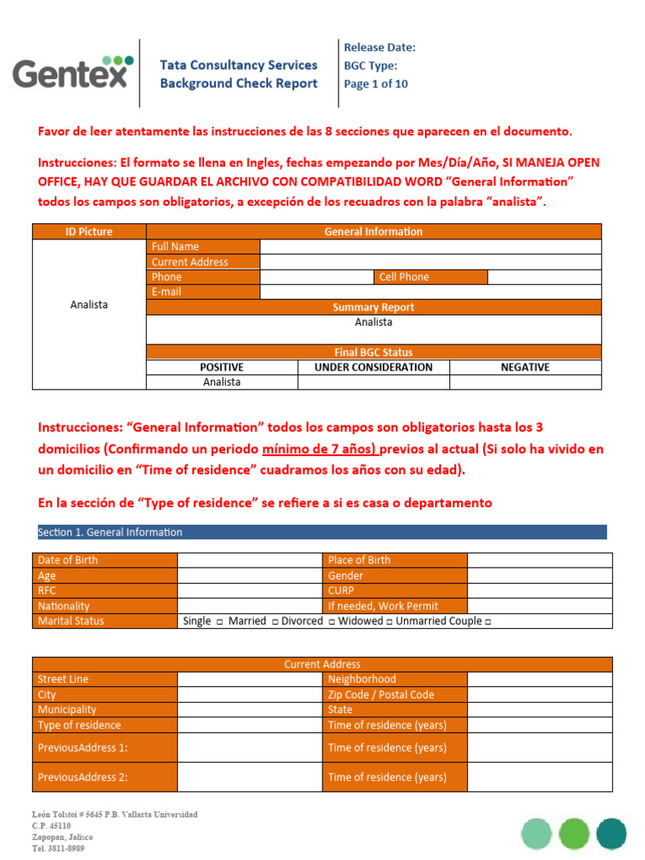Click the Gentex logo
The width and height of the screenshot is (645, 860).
(x=73, y=72)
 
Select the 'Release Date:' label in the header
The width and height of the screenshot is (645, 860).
(x=380, y=48)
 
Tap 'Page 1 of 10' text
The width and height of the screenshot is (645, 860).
(x=376, y=84)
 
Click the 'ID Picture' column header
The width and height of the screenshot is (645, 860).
(x=89, y=232)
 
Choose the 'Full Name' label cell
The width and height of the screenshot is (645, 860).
(x=203, y=247)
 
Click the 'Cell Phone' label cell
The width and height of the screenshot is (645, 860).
(x=430, y=277)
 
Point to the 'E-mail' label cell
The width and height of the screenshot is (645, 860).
(x=203, y=292)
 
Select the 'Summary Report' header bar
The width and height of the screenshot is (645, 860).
(x=374, y=307)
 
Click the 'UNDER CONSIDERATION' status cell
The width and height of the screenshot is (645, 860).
(x=374, y=367)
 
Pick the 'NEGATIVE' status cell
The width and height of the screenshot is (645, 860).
(x=525, y=367)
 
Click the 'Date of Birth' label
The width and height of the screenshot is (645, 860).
(x=105, y=560)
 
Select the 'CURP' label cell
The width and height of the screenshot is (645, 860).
(x=395, y=590)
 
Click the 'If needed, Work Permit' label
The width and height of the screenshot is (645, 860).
(x=395, y=606)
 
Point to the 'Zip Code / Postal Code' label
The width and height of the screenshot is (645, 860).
(x=395, y=695)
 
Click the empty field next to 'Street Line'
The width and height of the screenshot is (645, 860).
(x=249, y=679)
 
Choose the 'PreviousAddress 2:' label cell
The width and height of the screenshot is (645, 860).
(x=105, y=777)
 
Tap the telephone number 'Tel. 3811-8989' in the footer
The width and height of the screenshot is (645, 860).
(x=58, y=848)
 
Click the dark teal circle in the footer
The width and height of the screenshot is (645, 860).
(x=611, y=833)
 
